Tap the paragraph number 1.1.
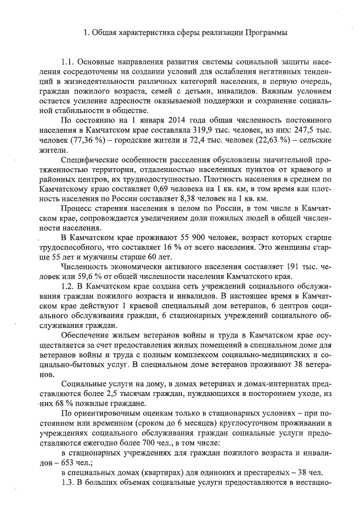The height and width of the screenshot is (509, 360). (x=68, y=60)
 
